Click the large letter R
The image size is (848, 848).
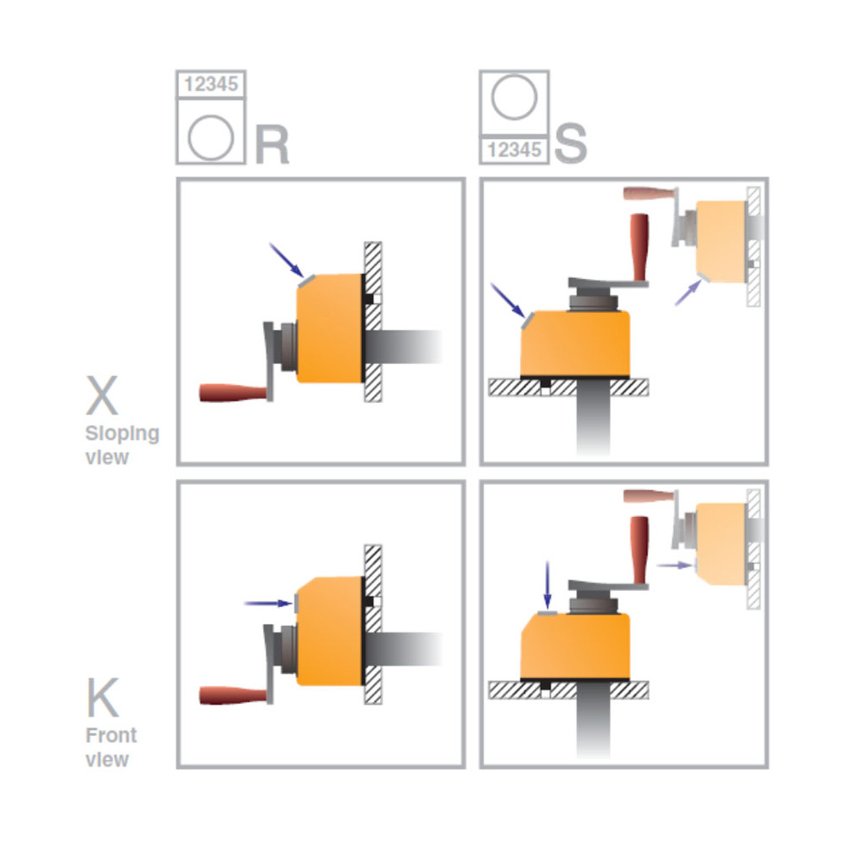(271, 145)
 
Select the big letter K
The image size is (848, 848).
(103, 698)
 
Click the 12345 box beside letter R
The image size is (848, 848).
(210, 84)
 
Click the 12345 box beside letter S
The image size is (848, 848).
(514, 150)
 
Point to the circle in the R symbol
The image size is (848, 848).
(210, 137)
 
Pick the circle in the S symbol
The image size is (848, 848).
(514, 99)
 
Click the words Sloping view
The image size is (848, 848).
(121, 445)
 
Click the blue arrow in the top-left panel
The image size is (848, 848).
(287, 259)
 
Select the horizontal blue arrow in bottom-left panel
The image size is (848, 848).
(266, 603)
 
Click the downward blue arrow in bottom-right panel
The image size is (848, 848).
(547, 585)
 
